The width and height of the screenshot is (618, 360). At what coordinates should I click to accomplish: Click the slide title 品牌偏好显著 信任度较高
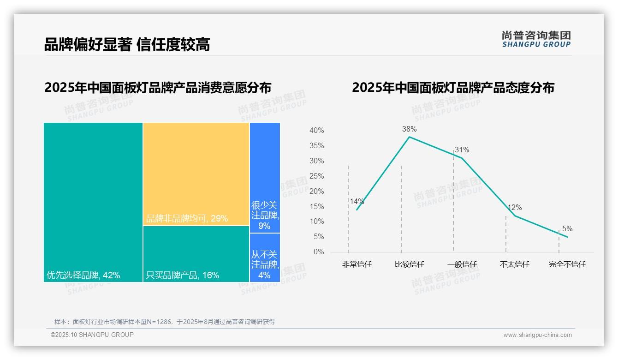(x=127, y=45)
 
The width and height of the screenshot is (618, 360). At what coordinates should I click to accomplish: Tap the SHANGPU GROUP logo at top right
(x=536, y=39)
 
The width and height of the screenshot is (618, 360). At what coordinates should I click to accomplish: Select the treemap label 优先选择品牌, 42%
(x=83, y=276)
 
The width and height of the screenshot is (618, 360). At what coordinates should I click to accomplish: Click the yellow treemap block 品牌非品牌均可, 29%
(x=196, y=174)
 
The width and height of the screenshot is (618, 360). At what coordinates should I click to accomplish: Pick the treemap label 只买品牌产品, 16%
(x=182, y=276)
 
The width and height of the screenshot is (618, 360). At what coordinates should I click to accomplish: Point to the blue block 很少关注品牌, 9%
(x=265, y=178)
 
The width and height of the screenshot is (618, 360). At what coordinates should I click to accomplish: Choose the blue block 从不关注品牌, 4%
(x=265, y=258)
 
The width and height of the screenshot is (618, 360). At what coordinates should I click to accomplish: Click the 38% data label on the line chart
(x=409, y=129)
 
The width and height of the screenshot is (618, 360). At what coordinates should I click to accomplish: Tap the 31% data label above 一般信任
(x=462, y=150)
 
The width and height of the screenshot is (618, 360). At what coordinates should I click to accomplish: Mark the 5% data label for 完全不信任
(x=567, y=229)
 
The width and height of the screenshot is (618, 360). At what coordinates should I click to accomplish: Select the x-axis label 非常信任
(x=357, y=264)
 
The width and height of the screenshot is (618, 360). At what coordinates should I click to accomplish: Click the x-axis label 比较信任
(x=409, y=264)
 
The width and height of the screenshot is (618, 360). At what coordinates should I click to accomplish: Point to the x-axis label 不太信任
(x=514, y=264)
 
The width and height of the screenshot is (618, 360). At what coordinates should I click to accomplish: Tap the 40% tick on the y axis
(x=316, y=131)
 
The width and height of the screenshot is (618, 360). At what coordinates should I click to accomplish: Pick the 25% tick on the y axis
(x=316, y=176)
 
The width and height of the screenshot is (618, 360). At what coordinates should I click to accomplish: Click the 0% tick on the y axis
(x=319, y=252)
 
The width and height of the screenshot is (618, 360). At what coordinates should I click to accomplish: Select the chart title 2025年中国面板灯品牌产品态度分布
(x=453, y=88)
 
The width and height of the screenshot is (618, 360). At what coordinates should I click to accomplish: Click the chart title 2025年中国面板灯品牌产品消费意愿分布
(x=158, y=88)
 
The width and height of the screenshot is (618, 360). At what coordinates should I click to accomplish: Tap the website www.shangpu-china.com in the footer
(x=537, y=335)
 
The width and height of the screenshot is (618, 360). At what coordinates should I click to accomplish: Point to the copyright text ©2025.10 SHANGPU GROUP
(x=92, y=335)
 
